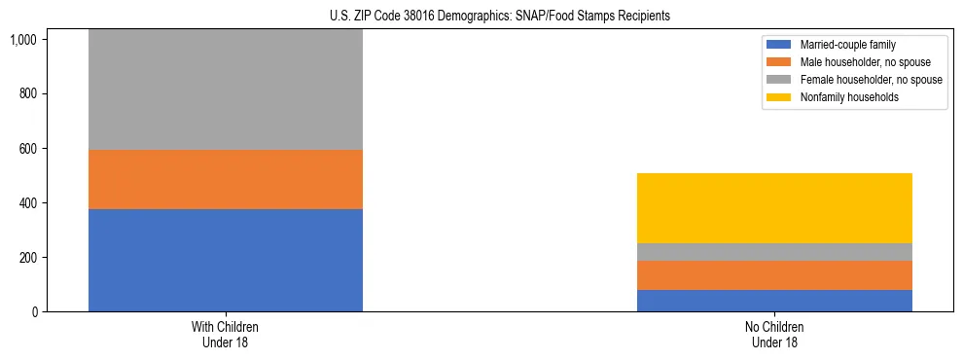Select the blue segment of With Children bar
tap(226, 260)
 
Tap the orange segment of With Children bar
tap(226, 179)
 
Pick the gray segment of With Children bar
tap(226, 90)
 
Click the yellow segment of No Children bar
tap(774, 208)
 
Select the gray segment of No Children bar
tap(774, 252)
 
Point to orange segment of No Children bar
tap(774, 275)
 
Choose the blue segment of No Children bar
tap(774, 301)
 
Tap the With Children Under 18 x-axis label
tap(226, 335)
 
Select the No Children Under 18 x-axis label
tap(774, 335)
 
